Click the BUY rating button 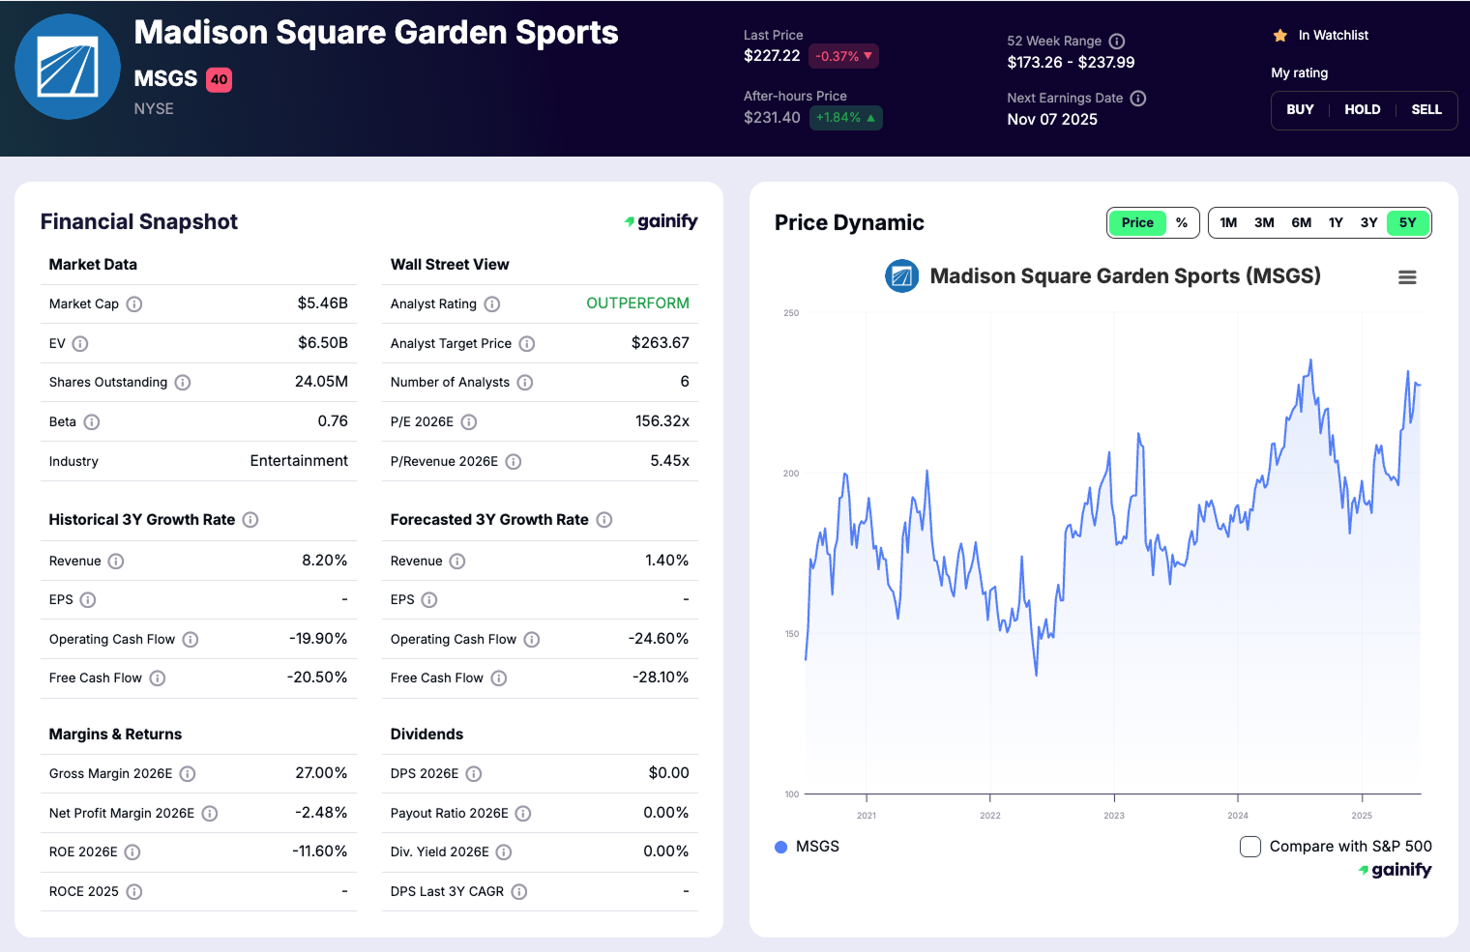pyautogui.click(x=1300, y=110)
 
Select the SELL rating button pyautogui.click(x=1426, y=110)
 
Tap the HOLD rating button pyautogui.click(x=1362, y=110)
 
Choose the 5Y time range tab pyautogui.click(x=1407, y=223)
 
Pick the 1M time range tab pyautogui.click(x=1228, y=223)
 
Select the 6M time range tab pyautogui.click(x=1301, y=223)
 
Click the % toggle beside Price pyautogui.click(x=1182, y=223)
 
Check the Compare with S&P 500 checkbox pyautogui.click(x=1250, y=847)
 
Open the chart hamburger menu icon pyautogui.click(x=1407, y=277)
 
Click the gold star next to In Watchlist pyautogui.click(x=1280, y=36)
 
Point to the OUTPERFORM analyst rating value pyautogui.click(x=637, y=303)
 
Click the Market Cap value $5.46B pyautogui.click(x=322, y=303)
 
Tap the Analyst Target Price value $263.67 pyautogui.click(x=660, y=343)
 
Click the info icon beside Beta pyautogui.click(x=92, y=422)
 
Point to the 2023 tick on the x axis pyautogui.click(x=1114, y=815)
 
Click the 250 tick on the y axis pyautogui.click(x=791, y=313)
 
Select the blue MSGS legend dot pyautogui.click(x=781, y=848)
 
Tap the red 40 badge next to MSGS pyautogui.click(x=220, y=80)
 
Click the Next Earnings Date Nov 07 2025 pyautogui.click(x=1052, y=120)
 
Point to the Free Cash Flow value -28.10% pyautogui.click(x=660, y=678)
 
